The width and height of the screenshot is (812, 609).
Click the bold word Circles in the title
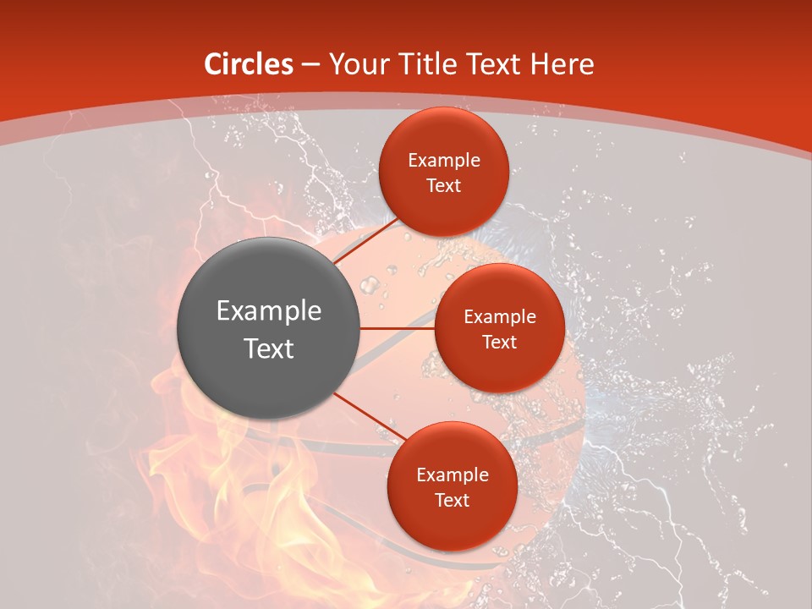[x=248, y=64]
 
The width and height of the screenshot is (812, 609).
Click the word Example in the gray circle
[x=268, y=311]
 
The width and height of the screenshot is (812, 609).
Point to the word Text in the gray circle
[x=268, y=348]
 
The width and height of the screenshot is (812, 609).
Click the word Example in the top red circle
[x=444, y=160]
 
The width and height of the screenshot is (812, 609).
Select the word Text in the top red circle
[x=444, y=185]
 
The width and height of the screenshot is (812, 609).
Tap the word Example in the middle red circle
[x=499, y=316]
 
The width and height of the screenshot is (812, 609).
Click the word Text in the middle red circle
[x=499, y=342]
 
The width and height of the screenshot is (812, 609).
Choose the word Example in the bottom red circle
[x=452, y=475]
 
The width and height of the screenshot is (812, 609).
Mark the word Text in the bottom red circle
[x=452, y=500]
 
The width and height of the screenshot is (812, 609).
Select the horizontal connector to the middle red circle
[x=397, y=328]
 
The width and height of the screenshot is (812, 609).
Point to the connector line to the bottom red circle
[x=369, y=416]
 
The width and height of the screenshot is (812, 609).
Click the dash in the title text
[x=310, y=65]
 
